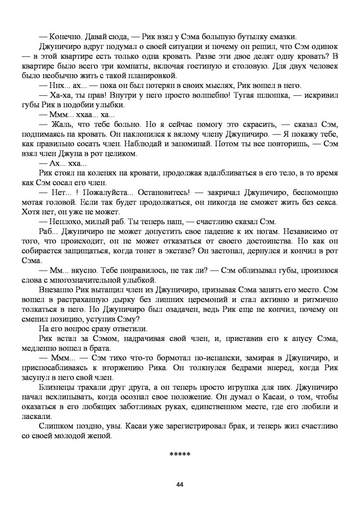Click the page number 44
pos(180,485)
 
